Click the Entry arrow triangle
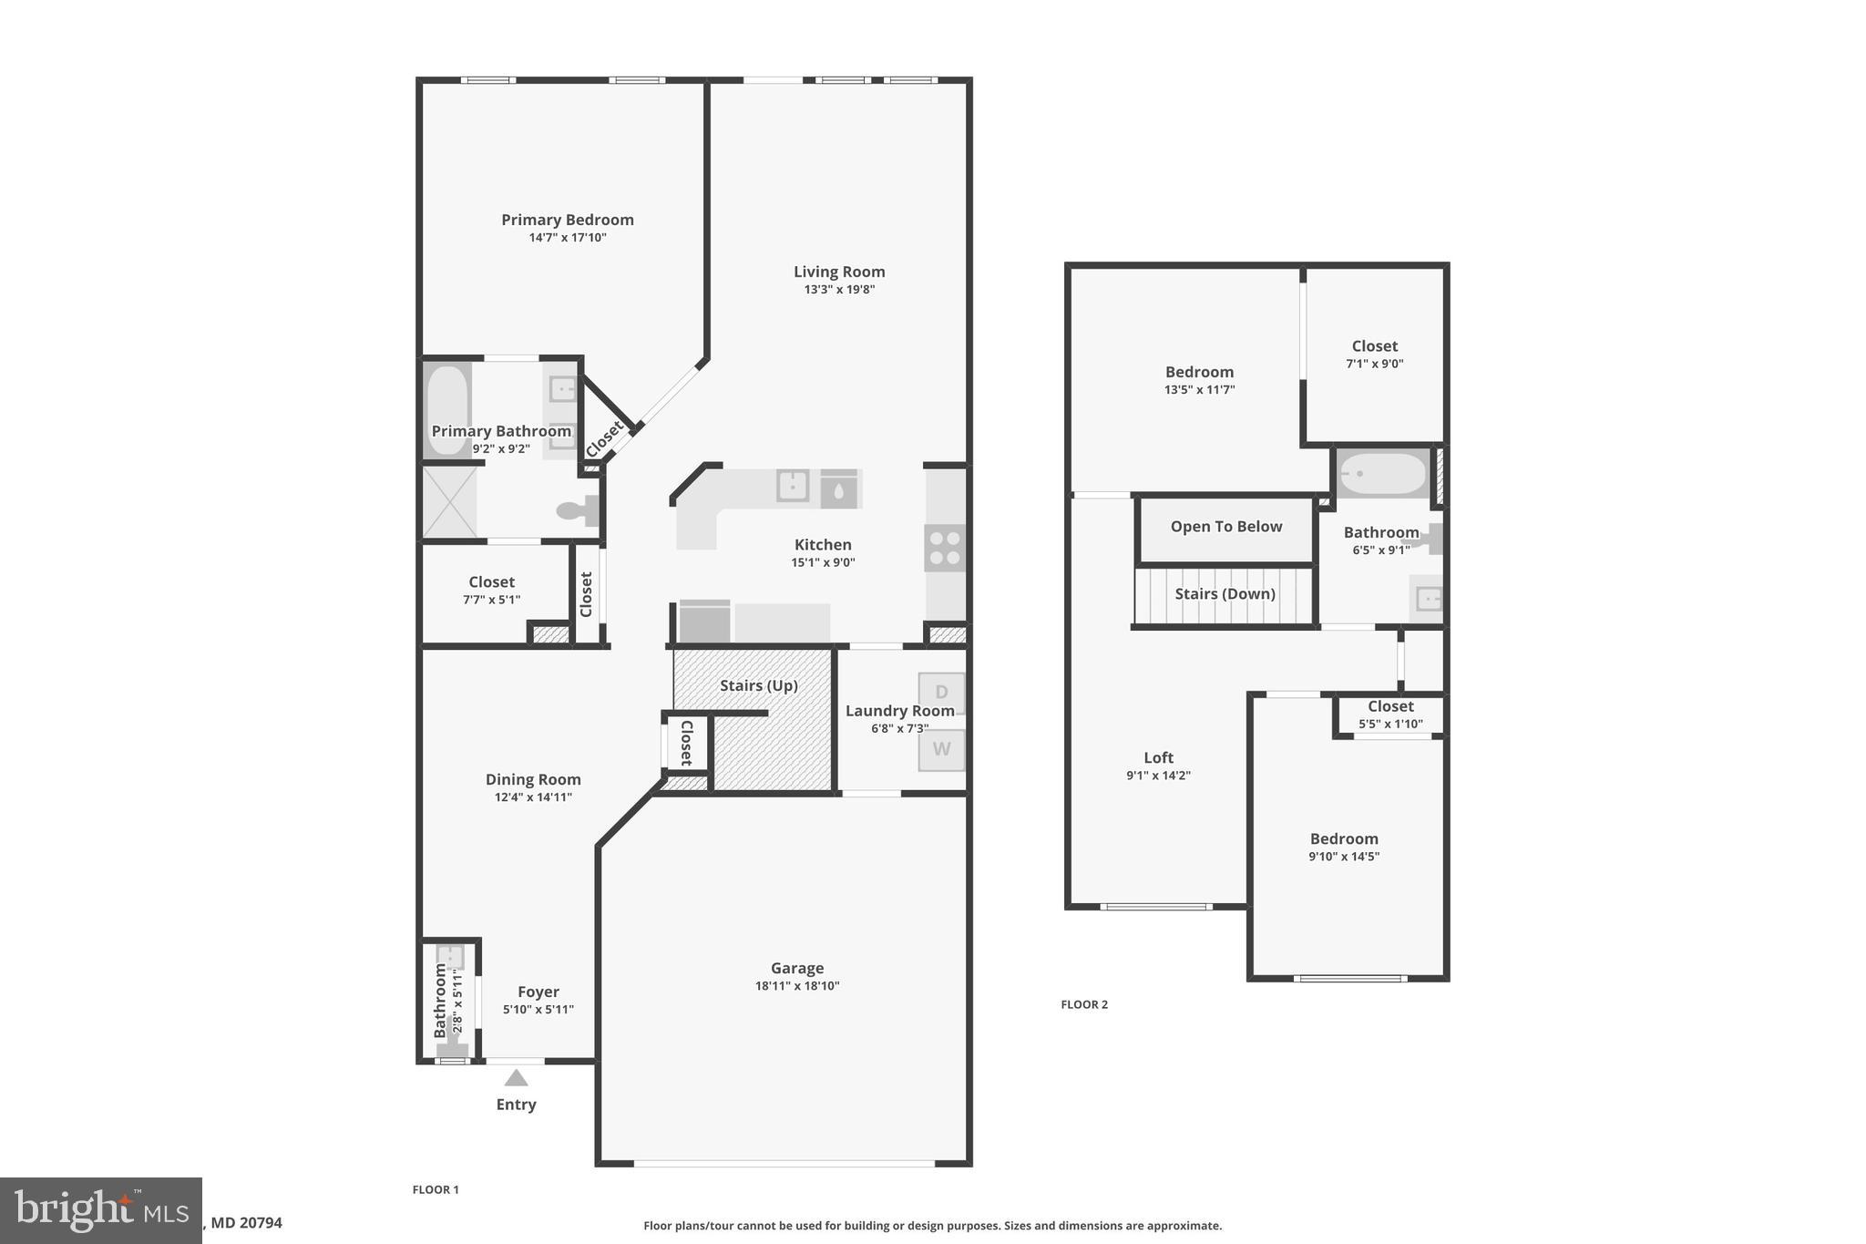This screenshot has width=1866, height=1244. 516,1078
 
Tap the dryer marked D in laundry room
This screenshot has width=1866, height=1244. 941,693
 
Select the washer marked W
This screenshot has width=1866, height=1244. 941,749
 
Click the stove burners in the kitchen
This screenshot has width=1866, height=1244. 944,547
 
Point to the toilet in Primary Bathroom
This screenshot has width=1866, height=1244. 577,511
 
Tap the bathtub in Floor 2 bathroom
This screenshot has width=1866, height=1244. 1382,474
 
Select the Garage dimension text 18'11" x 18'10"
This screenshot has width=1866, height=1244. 796,986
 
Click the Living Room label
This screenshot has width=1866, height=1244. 838,272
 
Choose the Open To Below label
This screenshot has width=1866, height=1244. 1225,527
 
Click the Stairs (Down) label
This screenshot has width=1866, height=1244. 1225,594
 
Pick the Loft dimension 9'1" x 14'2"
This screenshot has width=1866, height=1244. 1158,776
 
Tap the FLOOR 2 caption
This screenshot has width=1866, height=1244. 1084,1004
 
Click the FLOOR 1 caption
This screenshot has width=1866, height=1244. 436,1189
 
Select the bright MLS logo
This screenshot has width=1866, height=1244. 100,1210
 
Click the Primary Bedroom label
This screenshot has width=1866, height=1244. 567,220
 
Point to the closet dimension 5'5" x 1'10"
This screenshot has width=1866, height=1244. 1389,725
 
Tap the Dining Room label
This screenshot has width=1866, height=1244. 533,779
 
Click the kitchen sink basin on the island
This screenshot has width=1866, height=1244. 792,486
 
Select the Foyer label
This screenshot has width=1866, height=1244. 538,992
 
